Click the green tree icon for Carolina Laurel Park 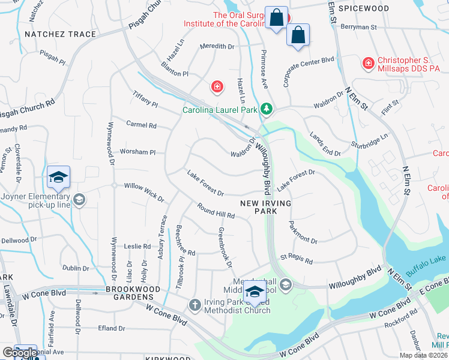267,109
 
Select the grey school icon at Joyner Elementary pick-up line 78,199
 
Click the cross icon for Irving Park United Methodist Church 194,305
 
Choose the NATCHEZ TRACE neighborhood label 60,34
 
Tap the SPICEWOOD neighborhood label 363,8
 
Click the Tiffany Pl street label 146,99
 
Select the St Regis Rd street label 297,259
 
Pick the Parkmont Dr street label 303,233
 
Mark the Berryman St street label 357,27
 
